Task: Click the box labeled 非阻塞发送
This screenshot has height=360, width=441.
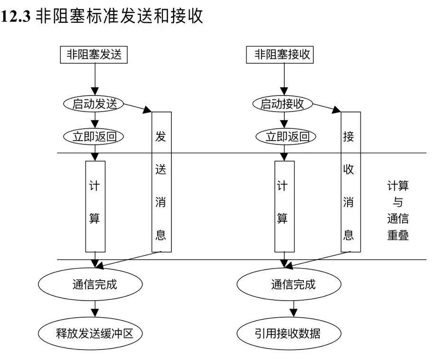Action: tap(94, 54)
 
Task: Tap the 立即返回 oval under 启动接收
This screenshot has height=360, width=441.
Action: tap(284, 137)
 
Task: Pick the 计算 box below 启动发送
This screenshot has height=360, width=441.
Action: tap(95, 206)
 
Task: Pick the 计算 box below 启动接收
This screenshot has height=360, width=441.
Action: tap(284, 206)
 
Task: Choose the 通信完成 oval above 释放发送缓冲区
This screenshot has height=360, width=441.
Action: tap(90, 285)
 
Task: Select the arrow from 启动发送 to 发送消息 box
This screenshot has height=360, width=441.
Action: tap(135, 108)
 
